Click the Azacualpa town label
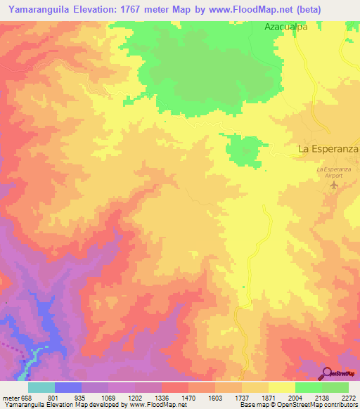pos(287,27)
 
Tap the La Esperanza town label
pos(328,149)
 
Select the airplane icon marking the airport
pos(334,186)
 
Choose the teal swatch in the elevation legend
pos(41,387)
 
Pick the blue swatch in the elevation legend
pos(68,387)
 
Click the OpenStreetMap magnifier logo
pos(326,373)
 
